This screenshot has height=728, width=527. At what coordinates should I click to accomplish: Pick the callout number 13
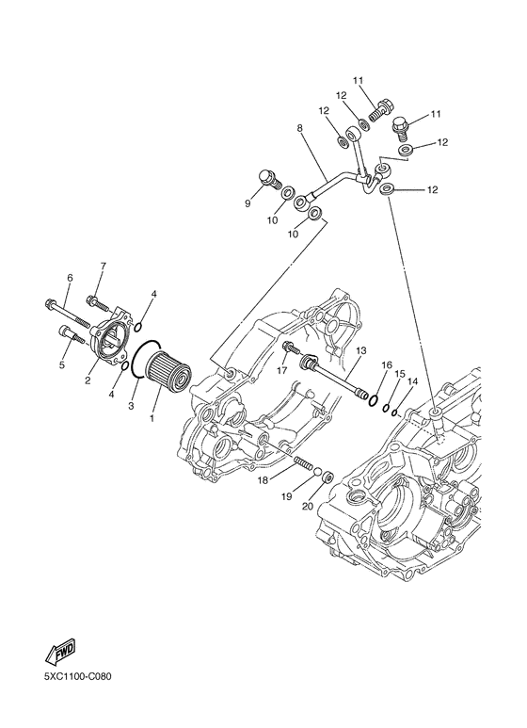click(x=359, y=349)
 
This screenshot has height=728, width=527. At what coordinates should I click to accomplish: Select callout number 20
click(x=305, y=506)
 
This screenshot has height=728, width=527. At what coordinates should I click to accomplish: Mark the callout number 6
click(x=69, y=277)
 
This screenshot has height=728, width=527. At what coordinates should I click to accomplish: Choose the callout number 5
click(x=63, y=365)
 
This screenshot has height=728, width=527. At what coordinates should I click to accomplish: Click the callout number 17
click(x=282, y=371)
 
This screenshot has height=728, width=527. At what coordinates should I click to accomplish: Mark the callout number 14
click(x=411, y=381)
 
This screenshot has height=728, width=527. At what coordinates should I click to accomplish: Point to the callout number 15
click(x=399, y=373)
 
